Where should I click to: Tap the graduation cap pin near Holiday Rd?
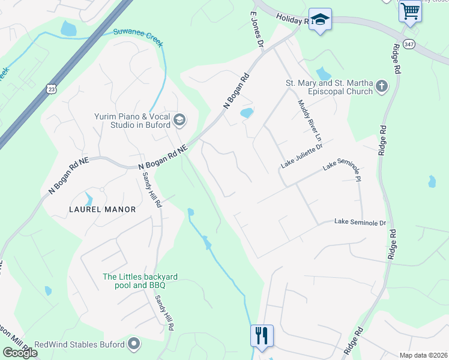coord(320,19)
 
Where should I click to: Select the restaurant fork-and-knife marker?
coord(262,335)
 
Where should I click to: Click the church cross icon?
coord(381,88)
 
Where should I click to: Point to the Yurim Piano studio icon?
coord(179,121)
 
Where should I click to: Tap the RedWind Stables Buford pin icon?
coord(134,344)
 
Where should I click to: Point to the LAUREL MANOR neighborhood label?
coord(102,209)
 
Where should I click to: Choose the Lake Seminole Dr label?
coord(360,223)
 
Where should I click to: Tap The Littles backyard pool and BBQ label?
coord(140,281)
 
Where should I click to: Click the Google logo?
coord(20,352)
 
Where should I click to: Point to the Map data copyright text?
coord(423,355)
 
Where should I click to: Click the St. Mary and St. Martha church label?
coord(330,88)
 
